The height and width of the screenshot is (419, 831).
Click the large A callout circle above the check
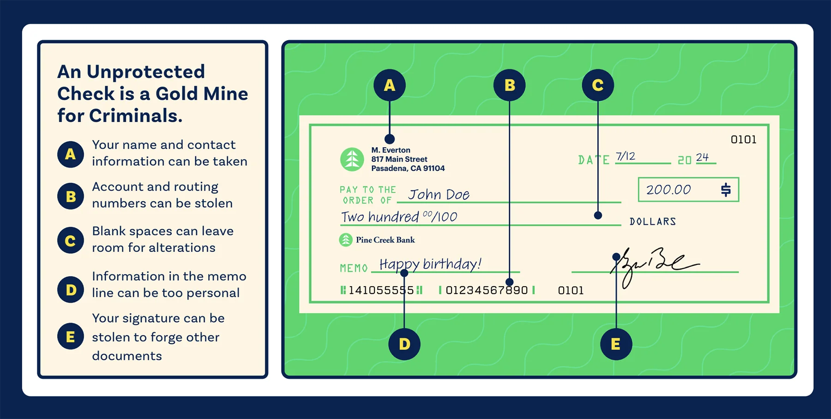pos(390,85)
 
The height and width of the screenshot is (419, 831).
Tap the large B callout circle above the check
pos(509,85)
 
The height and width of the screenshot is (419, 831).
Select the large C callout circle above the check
pos(598,85)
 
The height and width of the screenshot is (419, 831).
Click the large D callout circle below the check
pos(404,344)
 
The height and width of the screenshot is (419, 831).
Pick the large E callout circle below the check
pos(616,344)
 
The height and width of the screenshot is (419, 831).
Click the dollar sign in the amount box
pos(726,190)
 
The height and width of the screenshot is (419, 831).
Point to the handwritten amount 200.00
pos(668,190)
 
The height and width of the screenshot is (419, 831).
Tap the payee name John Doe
pos(439,195)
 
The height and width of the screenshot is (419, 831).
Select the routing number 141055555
pos(381,290)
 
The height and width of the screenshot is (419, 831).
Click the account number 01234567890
pos(487,290)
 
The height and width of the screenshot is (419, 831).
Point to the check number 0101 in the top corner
pos(743,140)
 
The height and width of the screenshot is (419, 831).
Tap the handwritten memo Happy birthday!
pos(430,264)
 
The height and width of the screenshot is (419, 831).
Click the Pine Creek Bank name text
pos(385,240)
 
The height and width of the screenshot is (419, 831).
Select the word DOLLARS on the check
pos(653,222)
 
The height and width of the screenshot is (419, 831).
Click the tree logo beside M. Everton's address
pos(352,159)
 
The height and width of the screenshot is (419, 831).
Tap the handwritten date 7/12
pos(626,156)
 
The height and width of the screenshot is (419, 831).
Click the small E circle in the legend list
pos(71,336)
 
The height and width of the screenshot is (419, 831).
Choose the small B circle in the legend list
pos(71,196)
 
